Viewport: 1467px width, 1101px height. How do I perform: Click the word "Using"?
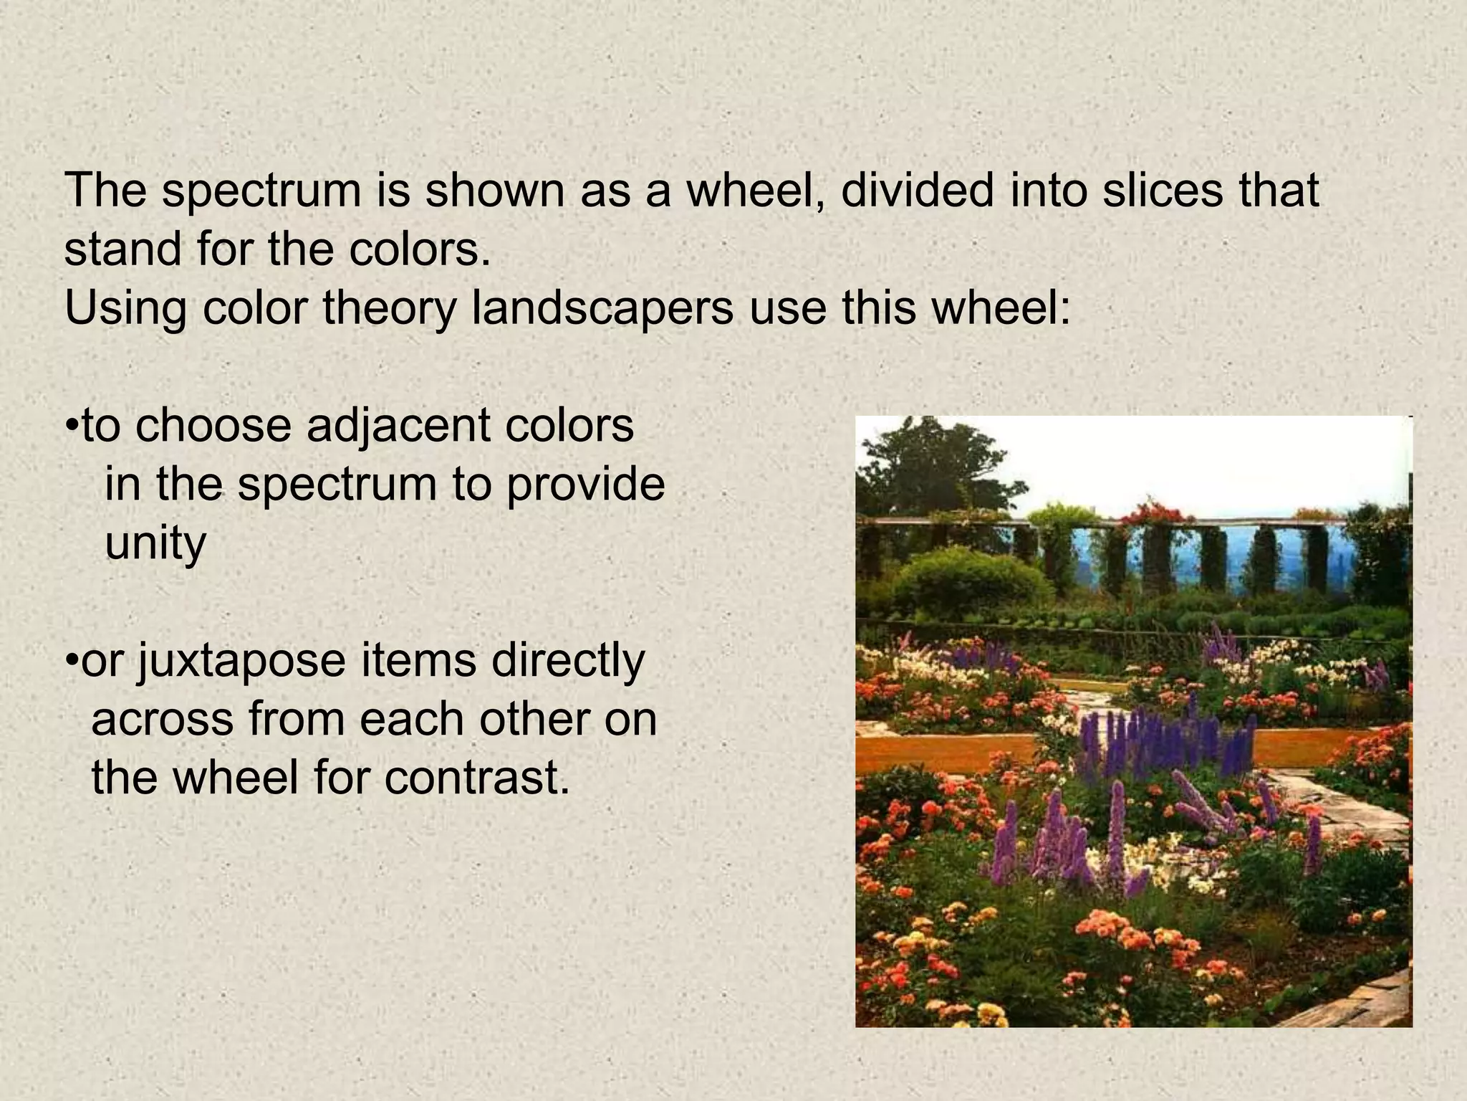(x=126, y=309)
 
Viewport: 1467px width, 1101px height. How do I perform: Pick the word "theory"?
(x=389, y=309)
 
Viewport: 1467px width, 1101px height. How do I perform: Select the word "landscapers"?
(x=602, y=309)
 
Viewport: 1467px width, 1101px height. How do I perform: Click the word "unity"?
(x=155, y=544)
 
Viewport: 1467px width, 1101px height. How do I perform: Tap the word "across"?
(x=163, y=720)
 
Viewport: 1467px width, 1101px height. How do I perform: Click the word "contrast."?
(x=477, y=779)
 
